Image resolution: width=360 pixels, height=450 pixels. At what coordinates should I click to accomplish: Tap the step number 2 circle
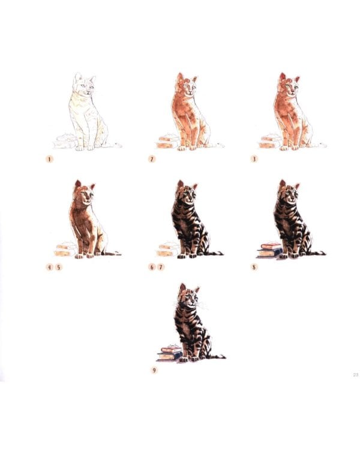pyautogui.click(x=152, y=159)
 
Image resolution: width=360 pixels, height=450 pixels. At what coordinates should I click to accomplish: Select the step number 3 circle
pyautogui.click(x=254, y=159)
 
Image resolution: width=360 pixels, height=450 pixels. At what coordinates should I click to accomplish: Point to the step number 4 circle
pyautogui.click(x=50, y=267)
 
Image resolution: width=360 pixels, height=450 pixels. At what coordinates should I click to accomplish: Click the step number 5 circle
pyautogui.click(x=59, y=267)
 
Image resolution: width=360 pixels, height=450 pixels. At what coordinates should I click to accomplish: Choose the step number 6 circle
pyautogui.click(x=152, y=267)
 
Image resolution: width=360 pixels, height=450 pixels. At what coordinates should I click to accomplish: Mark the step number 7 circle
pyautogui.click(x=161, y=267)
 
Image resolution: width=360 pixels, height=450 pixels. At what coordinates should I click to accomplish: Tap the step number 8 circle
pyautogui.click(x=254, y=267)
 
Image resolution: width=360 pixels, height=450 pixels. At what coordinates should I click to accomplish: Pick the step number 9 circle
pyautogui.click(x=154, y=370)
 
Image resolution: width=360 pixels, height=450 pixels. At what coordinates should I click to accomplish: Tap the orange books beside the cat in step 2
pyautogui.click(x=166, y=142)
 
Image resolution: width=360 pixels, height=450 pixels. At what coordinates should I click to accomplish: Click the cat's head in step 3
pyautogui.click(x=287, y=86)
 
